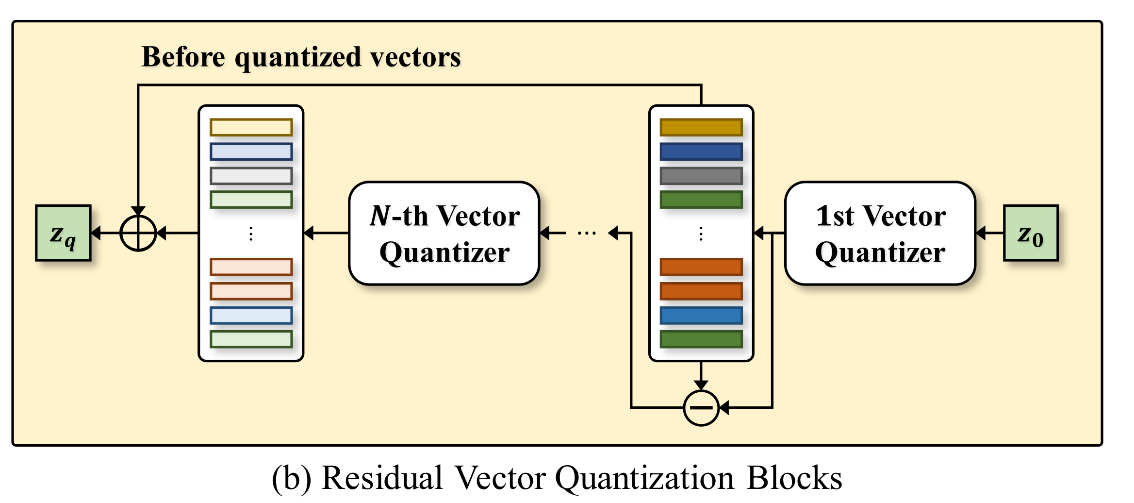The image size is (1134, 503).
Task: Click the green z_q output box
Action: pos(63,233)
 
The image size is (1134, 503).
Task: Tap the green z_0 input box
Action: pos(1031,233)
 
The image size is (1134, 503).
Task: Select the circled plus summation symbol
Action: pos(138,233)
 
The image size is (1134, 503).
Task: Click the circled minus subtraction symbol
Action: pos(701,408)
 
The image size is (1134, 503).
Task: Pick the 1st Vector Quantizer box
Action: pos(880,233)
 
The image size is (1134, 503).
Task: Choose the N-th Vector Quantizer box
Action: pos(444,233)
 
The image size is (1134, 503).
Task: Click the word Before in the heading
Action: pos(183,57)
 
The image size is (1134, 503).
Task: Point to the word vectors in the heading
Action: pos(415,57)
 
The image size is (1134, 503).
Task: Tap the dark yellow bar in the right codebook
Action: pos(701,128)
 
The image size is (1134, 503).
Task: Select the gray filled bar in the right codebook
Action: pos(701,176)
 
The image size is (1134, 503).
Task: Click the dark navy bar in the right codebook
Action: pos(701,151)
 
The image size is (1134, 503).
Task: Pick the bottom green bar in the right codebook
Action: pos(701,339)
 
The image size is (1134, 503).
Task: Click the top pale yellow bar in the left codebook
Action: pos(251,128)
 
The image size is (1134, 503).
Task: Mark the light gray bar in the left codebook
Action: pos(251,176)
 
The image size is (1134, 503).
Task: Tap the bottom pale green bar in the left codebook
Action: pos(251,339)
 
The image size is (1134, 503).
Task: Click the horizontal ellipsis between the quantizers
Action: pos(587,234)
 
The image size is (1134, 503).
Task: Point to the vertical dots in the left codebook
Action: pos(251,234)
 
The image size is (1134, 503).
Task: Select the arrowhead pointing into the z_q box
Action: pos(96,233)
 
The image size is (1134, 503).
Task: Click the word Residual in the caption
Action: pos(382,478)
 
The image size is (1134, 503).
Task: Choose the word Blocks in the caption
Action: pos(794,478)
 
